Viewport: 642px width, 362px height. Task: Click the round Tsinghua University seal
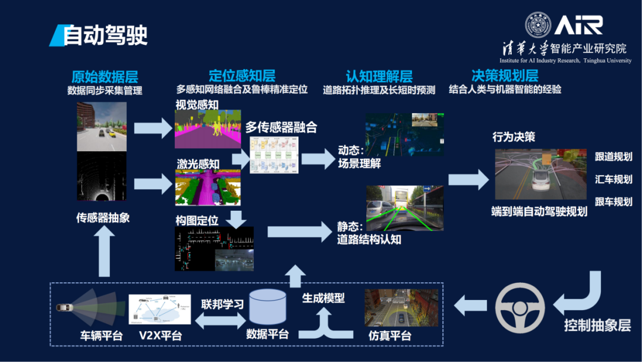pos(537,25)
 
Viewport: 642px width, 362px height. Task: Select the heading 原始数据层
pos(105,76)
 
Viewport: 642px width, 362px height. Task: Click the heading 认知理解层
pos(379,76)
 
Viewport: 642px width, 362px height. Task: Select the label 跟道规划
pos(613,157)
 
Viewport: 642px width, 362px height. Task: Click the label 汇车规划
pos(613,179)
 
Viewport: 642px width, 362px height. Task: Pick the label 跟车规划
pos(613,201)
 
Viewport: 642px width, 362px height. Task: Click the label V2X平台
pos(160,336)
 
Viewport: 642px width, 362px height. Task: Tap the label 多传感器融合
pos(281,127)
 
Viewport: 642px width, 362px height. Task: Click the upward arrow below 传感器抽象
pos(105,252)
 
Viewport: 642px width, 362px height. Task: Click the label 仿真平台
pos(390,336)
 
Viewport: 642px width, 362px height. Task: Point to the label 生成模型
pos(323,297)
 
